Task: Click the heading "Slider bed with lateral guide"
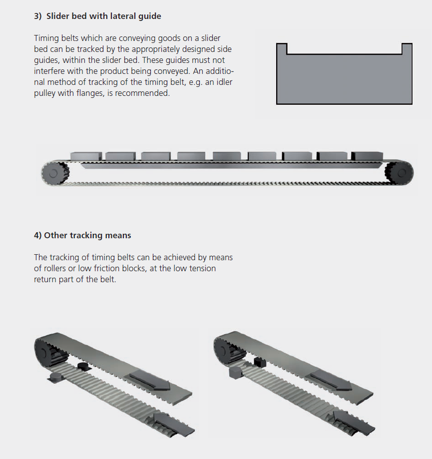pos(103,16)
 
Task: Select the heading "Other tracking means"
pos(87,235)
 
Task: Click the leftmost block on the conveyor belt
pos(86,156)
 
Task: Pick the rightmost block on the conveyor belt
pos(367,156)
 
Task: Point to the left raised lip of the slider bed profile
pos(282,48)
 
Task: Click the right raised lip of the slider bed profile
pos(407,48)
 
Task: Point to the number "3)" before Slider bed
pos(38,16)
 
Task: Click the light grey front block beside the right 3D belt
pos(235,373)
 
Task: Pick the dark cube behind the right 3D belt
pos(260,362)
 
